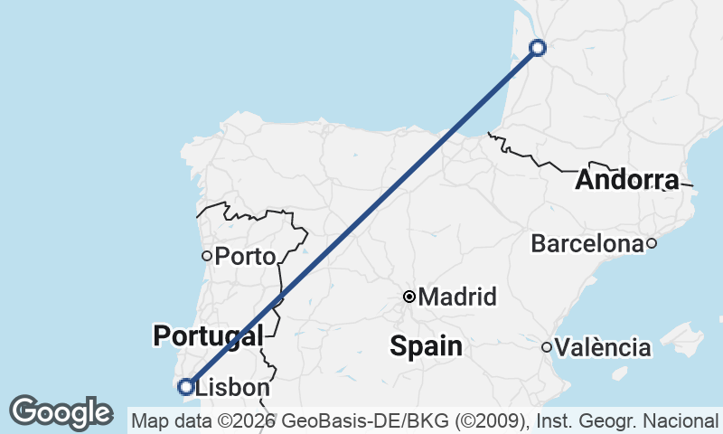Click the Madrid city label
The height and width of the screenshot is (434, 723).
coord(458,297)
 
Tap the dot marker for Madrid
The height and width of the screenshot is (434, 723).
coord(409,297)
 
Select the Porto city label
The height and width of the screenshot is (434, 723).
coord(245,257)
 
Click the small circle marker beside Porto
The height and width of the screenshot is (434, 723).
coord(207,256)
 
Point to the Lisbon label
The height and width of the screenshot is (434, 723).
coord(232,388)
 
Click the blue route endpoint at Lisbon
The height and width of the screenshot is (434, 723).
coord(186,387)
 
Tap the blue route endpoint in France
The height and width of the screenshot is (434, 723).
coord(538,48)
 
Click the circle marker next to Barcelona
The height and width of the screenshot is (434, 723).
coord(651,243)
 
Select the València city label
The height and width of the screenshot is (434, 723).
coord(603,347)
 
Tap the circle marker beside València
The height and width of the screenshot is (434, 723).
coord(546,347)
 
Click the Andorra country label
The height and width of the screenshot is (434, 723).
coord(626,180)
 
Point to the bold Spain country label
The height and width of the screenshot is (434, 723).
coord(426,345)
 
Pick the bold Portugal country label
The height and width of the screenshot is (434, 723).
coord(208,335)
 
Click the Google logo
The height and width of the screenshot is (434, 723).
coord(61,412)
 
